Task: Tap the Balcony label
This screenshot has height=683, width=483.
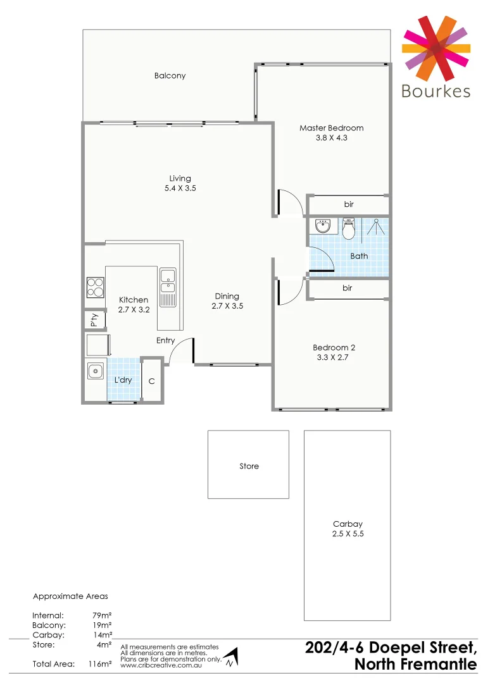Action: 170,76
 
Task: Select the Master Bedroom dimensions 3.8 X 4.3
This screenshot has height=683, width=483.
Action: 332,137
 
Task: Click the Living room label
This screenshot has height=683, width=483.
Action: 180,178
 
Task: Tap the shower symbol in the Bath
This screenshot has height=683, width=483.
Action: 377,227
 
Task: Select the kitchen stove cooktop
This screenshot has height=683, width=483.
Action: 95,288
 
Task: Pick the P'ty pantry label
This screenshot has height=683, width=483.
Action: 94,321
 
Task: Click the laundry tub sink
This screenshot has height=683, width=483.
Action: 96,371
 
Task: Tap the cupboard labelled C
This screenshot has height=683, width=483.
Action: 151,381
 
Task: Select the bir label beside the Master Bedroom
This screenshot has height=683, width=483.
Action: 348,204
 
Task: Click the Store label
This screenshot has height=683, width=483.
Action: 249,466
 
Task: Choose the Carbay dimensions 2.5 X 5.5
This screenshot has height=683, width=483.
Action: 348,534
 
